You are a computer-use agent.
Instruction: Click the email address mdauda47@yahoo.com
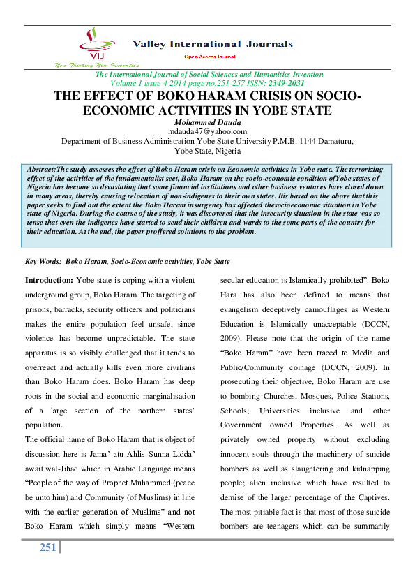point(208,131)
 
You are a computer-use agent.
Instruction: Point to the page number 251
point(47,547)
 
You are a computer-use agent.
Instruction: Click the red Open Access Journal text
point(209,55)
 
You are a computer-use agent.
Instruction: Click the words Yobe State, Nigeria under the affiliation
point(208,150)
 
